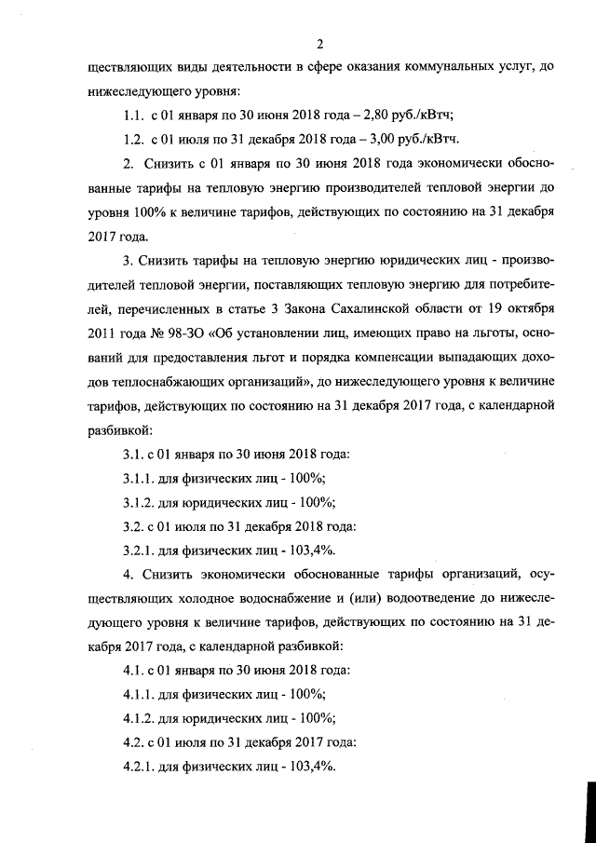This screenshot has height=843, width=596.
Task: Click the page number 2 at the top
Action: pos(318,44)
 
